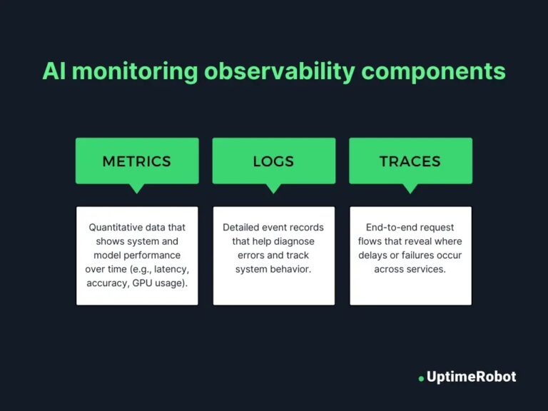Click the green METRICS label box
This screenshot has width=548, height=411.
pos(137,161)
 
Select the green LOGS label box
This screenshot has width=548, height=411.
pos(273,161)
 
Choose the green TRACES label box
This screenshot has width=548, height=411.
pos(410,161)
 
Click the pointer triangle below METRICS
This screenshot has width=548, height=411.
pos(137,188)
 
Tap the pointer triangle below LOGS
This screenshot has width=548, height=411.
pos(273,188)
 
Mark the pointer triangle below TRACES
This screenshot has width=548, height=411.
pos(410,188)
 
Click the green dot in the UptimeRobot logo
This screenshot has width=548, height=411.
pos(421,378)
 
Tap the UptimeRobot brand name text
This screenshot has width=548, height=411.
pos(471,376)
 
